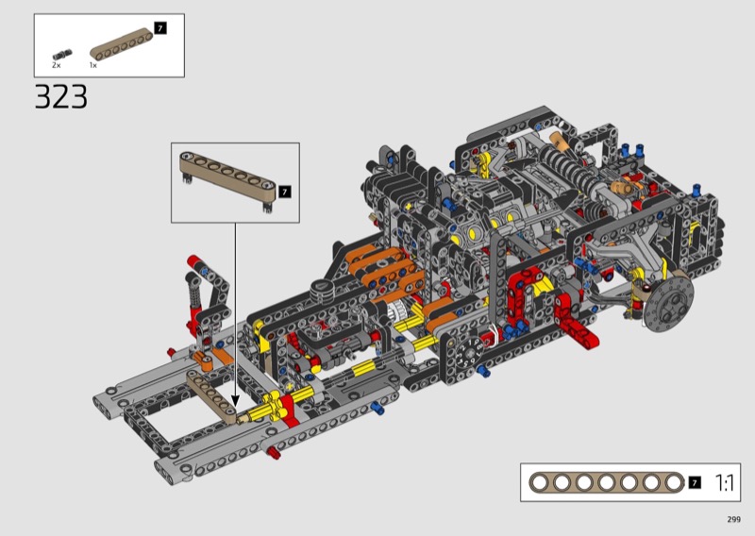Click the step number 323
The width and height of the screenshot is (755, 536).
click(61, 97)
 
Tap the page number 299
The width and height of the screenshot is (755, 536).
click(734, 519)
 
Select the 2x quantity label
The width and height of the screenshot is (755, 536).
click(57, 65)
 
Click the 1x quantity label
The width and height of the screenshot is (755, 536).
click(92, 65)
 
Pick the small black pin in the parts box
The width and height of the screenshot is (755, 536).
click(62, 55)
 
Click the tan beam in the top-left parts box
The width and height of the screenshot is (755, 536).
click(122, 44)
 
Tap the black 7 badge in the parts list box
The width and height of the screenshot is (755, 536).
click(160, 28)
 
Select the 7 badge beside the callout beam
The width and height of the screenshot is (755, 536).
click(285, 192)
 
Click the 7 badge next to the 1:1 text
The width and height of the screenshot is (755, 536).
click(695, 482)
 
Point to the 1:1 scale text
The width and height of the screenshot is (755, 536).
click(724, 482)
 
